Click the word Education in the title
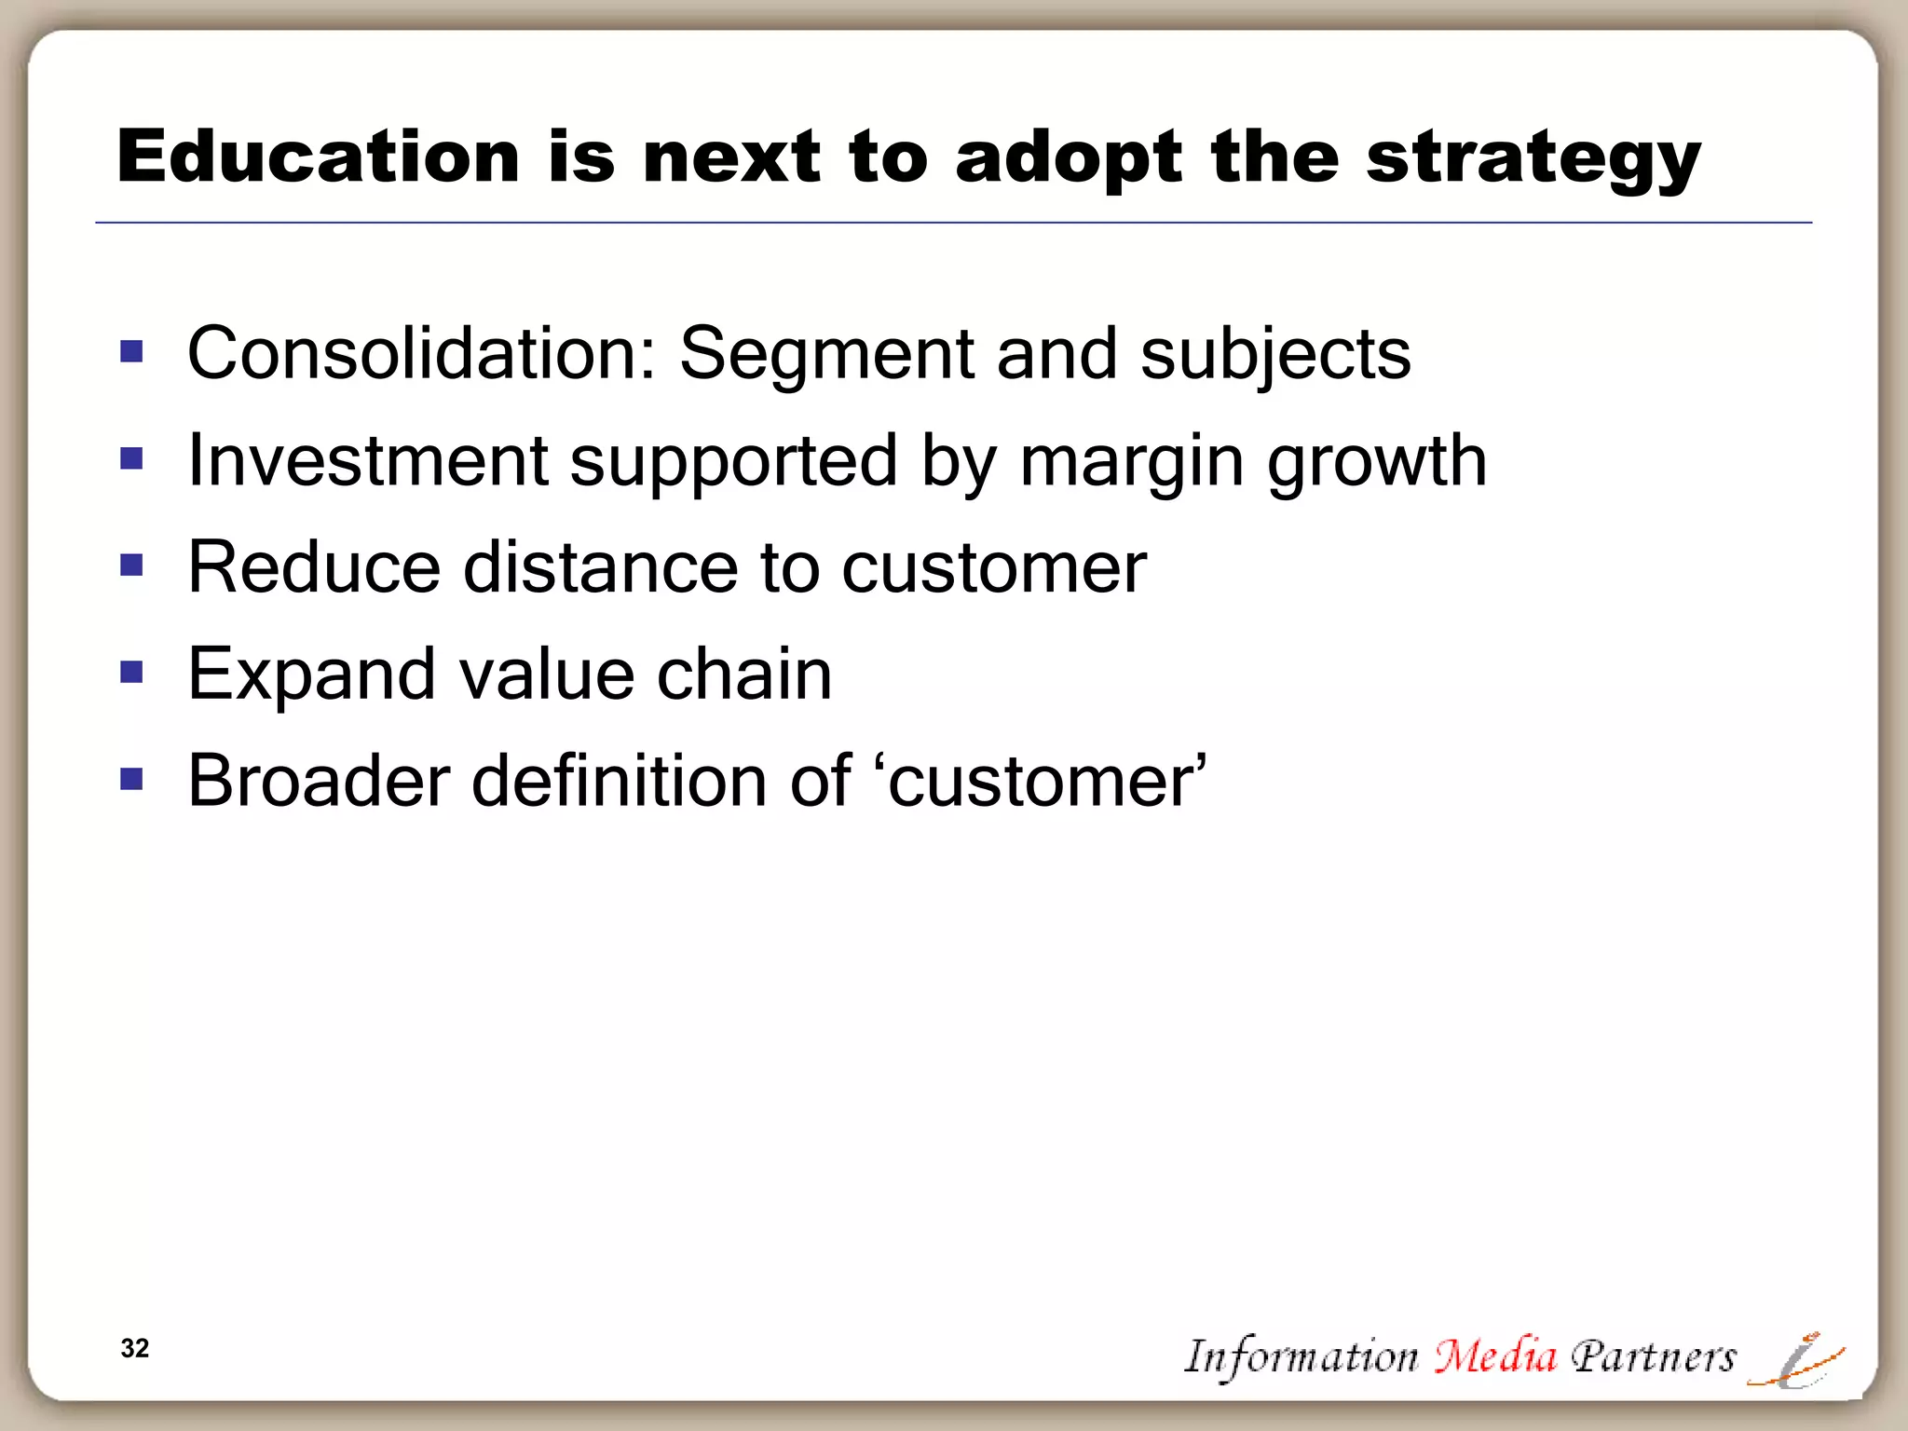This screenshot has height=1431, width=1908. [318, 157]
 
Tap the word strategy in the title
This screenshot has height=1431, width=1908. [1533, 158]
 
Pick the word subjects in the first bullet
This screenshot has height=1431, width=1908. [1275, 355]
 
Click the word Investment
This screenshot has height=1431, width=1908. [368, 460]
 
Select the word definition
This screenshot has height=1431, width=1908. [620, 780]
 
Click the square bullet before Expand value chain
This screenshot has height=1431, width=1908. [131, 672]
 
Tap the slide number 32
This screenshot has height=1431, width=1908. [135, 1348]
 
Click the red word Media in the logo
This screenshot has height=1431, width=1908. [1494, 1356]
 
